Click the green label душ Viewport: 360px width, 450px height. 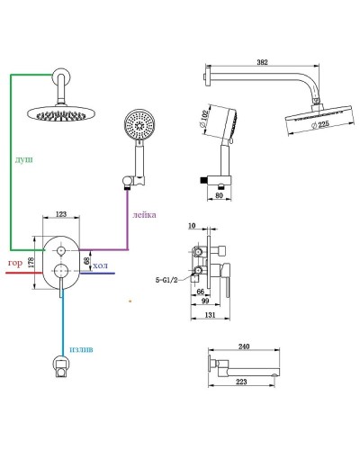tap(24, 159)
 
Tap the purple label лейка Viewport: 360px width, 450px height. tap(144, 215)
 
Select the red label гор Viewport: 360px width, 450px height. tap(15, 264)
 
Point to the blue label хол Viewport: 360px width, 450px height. tap(100, 265)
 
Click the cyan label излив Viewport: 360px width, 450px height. tap(81, 349)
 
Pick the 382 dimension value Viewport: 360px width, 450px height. tap(262, 62)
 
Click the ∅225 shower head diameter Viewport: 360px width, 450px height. tap(320, 124)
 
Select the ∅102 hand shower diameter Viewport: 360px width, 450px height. tap(203, 120)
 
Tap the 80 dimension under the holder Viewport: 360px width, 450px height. tap(220, 195)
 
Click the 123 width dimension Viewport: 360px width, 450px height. tap(61, 214)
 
